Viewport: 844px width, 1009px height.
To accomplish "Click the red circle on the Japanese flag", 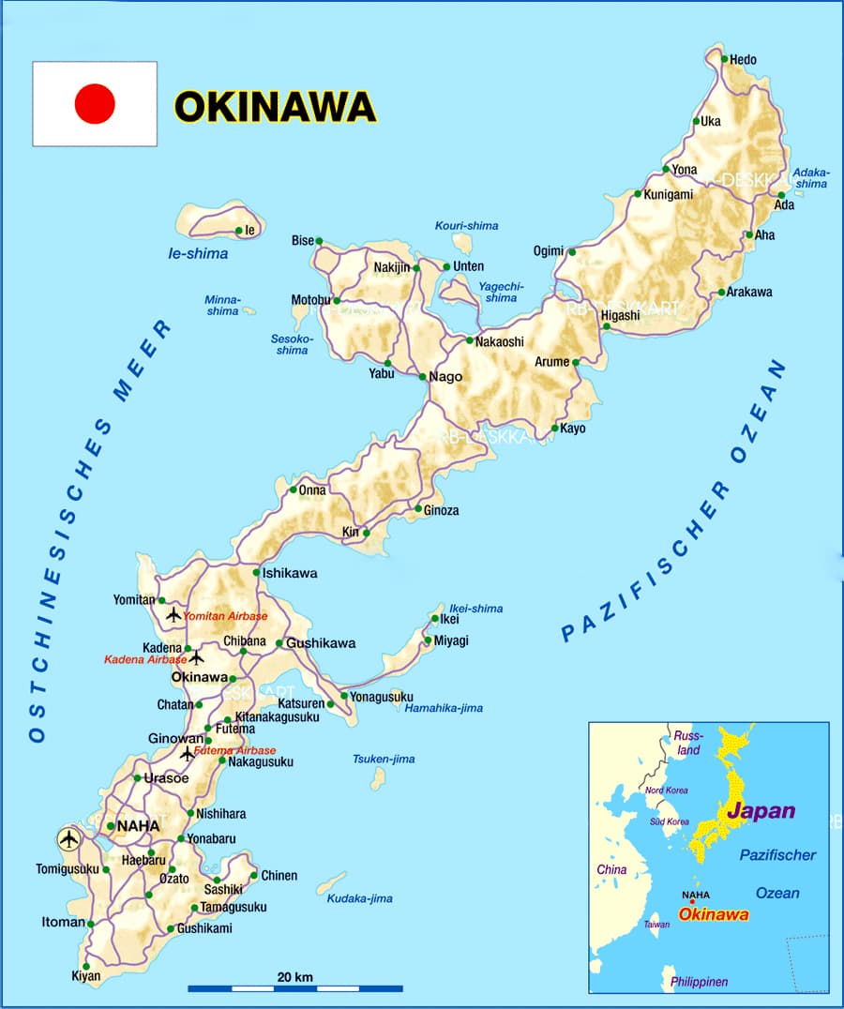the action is point(95,103).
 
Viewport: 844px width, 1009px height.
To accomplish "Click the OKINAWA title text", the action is point(275,106).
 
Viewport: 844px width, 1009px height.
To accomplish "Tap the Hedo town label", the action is point(743,60).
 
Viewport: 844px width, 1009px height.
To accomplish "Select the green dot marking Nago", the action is point(423,377).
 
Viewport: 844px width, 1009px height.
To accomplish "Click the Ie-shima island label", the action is point(198,253).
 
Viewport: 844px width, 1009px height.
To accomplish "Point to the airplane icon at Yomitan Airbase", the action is point(173,615).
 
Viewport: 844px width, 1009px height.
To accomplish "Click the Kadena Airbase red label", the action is point(145,660).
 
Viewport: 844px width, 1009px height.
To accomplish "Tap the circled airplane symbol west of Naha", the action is point(68,838).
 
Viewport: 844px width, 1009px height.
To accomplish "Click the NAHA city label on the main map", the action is point(139,826).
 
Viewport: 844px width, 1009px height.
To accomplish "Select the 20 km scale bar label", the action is point(294,977).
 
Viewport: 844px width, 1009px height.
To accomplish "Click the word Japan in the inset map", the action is point(761,811).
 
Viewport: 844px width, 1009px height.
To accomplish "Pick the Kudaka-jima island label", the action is point(359,898).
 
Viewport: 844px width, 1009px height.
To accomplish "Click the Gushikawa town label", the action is point(321,643).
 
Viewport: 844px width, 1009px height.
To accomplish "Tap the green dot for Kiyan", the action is point(85,966).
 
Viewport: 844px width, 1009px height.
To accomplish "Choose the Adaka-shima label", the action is point(810,177).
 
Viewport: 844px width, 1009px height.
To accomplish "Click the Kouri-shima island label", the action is point(466,226).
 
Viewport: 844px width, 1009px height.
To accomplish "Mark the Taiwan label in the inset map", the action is point(656,925).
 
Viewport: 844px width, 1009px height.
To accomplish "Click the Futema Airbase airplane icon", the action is point(188,752).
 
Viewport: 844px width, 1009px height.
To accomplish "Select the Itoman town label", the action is point(64,922).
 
